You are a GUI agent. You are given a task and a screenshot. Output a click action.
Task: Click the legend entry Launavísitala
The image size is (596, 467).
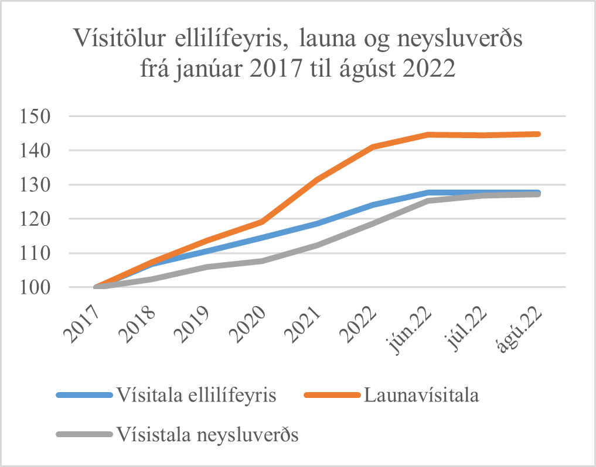pos(421,395)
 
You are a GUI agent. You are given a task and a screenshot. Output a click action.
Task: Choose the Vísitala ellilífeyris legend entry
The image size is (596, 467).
pos(196,395)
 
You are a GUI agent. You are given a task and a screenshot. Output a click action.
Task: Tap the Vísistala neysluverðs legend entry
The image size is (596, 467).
pos(207,435)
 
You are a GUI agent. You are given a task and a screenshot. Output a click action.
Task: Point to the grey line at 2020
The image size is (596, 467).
pos(262,260)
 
